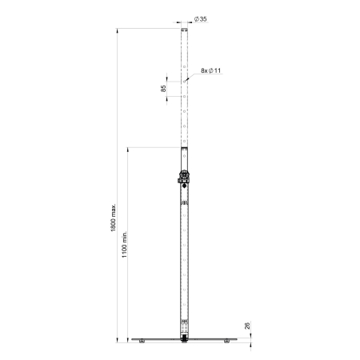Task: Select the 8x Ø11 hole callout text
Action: [x=211, y=71]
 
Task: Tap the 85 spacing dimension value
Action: [x=164, y=88]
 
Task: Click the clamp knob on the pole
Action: [x=184, y=178]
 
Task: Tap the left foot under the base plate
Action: [x=141, y=342]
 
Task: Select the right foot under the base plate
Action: [x=227, y=342]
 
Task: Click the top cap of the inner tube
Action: [x=185, y=30]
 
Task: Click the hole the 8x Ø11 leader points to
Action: [x=185, y=80]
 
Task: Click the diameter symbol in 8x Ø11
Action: [x=210, y=71]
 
